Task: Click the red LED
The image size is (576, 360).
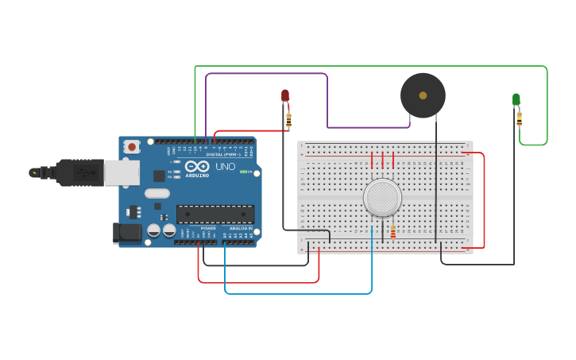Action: [285, 96]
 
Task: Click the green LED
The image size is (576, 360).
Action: [516, 99]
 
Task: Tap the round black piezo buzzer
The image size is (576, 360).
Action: [423, 95]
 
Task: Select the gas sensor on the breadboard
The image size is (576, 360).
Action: [382, 197]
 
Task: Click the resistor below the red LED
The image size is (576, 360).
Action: [288, 121]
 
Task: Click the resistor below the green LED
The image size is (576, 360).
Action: [520, 119]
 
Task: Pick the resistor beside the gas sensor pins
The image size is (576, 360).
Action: [392, 231]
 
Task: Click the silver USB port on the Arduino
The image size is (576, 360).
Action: [122, 172]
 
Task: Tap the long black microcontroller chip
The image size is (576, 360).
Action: [215, 214]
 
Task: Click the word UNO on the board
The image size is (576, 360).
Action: [226, 167]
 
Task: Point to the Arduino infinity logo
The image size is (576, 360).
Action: [197, 167]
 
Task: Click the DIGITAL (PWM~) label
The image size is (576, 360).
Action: [225, 155]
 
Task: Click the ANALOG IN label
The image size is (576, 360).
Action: [242, 228]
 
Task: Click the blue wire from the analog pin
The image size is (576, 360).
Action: [298, 293]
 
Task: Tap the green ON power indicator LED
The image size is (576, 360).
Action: [244, 172]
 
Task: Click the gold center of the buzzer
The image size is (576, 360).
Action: [423, 95]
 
